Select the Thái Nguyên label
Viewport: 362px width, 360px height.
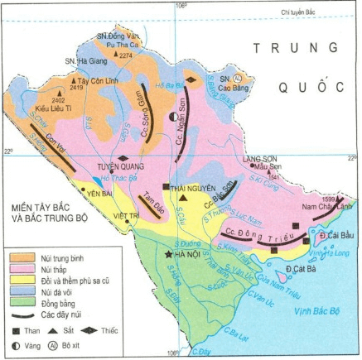(186, 189)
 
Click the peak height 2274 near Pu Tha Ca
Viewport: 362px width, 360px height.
(126, 55)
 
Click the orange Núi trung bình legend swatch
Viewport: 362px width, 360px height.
(21, 258)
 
